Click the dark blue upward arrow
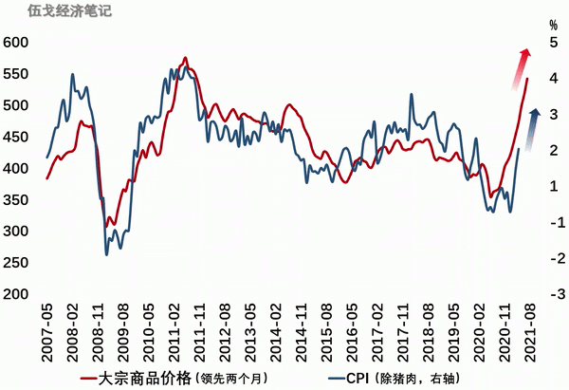(532, 123)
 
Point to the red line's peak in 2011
(184, 58)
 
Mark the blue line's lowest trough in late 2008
(106, 253)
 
